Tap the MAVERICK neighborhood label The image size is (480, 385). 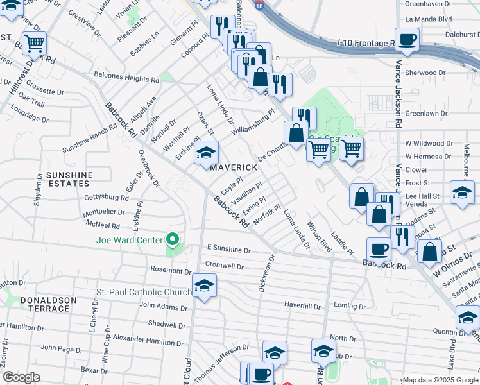(x=234, y=167)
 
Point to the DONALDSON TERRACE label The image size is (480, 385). (x=48, y=304)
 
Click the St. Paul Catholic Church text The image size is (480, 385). (x=144, y=292)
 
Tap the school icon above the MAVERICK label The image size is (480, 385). (x=207, y=153)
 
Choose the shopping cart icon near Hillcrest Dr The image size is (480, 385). (x=34, y=44)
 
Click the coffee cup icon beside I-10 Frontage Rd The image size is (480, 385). (x=407, y=40)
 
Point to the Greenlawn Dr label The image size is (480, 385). (x=425, y=113)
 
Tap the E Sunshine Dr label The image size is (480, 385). (x=228, y=248)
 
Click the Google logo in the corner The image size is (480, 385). (x=21, y=378)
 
